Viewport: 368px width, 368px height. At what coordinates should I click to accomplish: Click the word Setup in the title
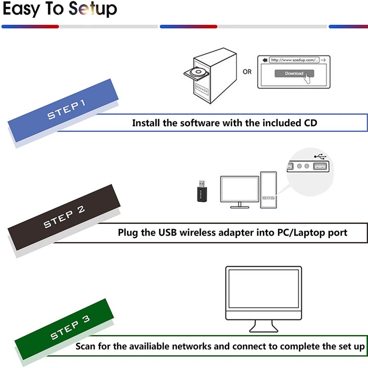(x=93, y=10)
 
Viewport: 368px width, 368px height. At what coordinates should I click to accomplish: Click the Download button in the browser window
(x=294, y=73)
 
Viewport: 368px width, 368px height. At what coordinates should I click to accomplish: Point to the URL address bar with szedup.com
(x=294, y=60)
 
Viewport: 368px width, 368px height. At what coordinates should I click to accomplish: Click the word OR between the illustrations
(x=247, y=72)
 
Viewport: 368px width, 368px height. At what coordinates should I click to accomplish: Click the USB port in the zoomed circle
(x=320, y=167)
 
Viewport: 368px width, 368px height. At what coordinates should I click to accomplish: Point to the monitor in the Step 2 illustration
(x=239, y=189)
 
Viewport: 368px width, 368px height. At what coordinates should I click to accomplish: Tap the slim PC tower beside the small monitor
(x=268, y=190)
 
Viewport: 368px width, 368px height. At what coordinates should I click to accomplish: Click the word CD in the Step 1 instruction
(x=310, y=123)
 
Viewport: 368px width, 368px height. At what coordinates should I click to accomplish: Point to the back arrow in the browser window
(x=264, y=60)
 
